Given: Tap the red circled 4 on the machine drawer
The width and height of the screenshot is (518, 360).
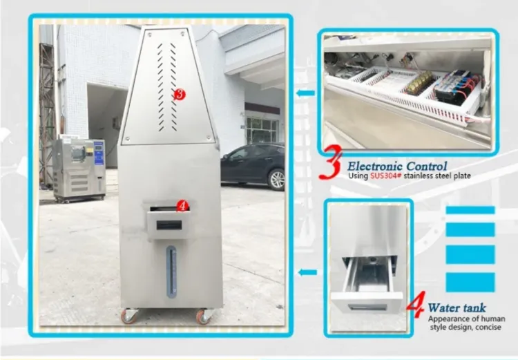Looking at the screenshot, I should (x=182, y=205).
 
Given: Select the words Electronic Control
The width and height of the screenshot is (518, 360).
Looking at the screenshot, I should (x=396, y=166).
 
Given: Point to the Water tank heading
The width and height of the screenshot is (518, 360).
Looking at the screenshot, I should (x=457, y=307).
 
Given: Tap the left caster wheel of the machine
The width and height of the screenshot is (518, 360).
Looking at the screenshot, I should (x=130, y=316).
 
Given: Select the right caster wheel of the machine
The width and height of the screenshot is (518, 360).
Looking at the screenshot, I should (x=204, y=316).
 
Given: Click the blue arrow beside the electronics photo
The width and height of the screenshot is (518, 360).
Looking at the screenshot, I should (x=305, y=91).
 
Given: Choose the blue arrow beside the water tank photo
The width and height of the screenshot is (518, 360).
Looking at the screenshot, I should (x=308, y=272).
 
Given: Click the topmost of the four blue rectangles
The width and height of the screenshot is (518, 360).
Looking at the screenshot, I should (x=470, y=210).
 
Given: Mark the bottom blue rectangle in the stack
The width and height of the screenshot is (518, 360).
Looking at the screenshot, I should (x=470, y=282).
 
